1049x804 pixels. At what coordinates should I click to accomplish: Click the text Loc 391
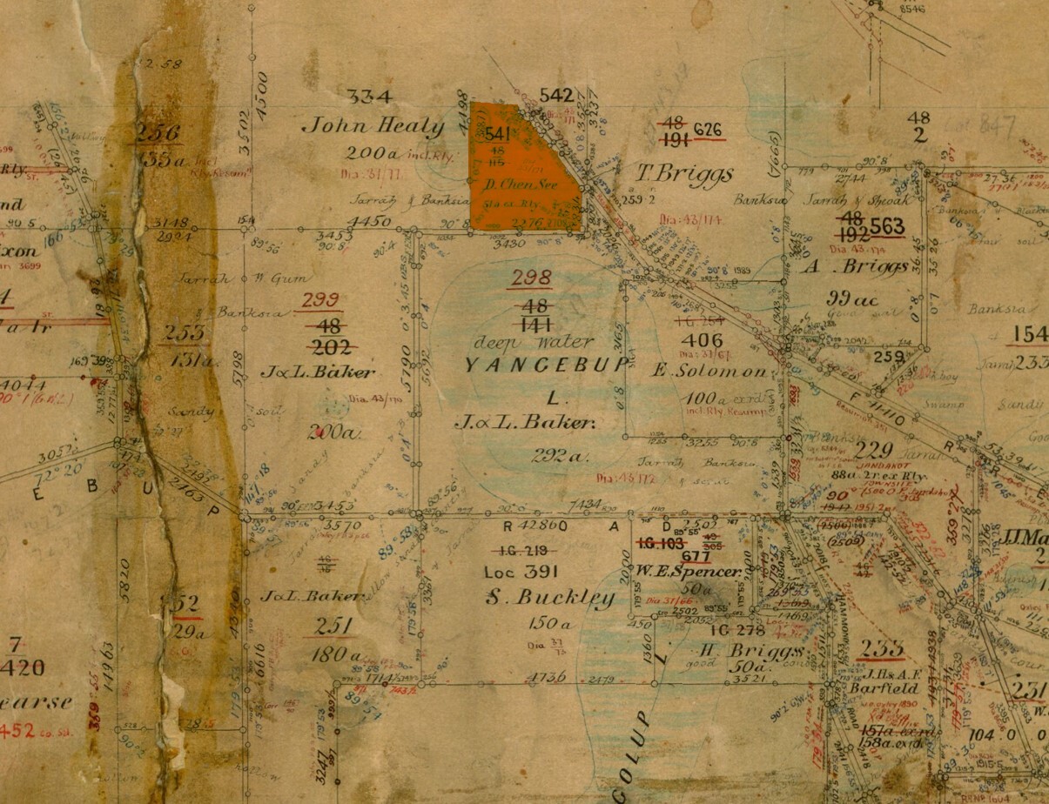(x=520, y=573)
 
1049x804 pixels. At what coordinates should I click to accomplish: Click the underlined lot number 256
(x=158, y=133)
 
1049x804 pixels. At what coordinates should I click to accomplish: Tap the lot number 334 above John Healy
(x=368, y=97)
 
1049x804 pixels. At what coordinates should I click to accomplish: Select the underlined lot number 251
(x=334, y=626)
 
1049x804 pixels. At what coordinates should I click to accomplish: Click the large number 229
(x=873, y=450)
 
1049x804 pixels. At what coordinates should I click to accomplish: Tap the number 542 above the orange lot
(x=557, y=95)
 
